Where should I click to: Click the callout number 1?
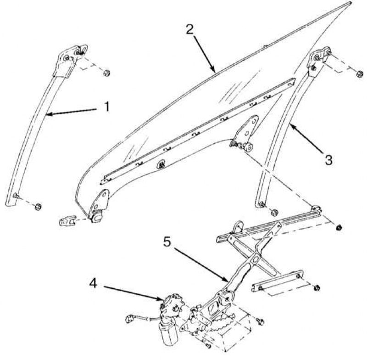click(107, 107)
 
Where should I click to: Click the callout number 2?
click(190, 29)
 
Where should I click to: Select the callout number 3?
click(328, 160)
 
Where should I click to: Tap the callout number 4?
click(93, 284)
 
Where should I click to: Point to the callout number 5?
click(167, 242)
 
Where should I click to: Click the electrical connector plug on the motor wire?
click(129, 319)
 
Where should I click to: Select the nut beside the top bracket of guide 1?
click(107, 73)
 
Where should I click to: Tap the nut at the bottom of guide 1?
click(38, 207)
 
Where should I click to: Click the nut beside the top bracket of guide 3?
click(360, 74)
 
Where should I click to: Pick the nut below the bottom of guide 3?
click(273, 213)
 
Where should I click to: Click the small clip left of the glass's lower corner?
click(68, 220)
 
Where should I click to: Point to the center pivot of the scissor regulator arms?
click(255, 259)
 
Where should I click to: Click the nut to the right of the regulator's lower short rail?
click(317, 287)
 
